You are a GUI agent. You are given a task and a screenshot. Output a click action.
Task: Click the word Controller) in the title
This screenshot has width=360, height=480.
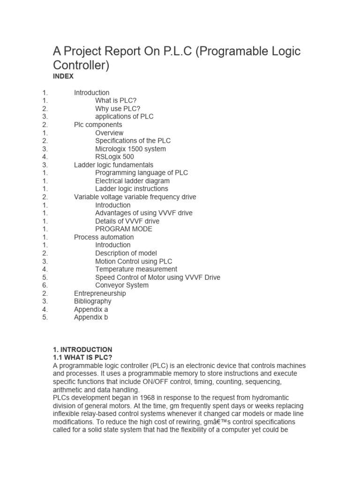click(81, 66)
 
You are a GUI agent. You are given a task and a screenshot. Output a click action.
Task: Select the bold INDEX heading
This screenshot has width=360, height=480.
click(63, 76)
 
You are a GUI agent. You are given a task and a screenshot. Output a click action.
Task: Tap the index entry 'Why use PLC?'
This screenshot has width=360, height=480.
click(118, 109)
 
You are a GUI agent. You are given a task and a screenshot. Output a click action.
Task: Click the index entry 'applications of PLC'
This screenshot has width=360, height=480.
click(124, 117)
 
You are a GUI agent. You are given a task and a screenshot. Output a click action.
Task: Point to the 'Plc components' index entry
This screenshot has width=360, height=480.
click(98, 125)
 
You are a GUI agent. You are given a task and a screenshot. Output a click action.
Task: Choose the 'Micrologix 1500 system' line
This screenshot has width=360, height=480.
click(130, 149)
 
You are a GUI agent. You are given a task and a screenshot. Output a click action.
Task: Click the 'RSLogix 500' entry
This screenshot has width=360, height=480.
click(114, 157)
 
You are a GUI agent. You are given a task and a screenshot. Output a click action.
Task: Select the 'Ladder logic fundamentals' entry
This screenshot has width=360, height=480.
click(113, 165)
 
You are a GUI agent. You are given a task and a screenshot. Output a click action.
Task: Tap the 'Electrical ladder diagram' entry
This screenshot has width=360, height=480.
click(133, 181)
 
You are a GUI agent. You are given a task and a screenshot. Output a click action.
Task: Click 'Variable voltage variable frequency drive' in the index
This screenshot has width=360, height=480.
click(135, 197)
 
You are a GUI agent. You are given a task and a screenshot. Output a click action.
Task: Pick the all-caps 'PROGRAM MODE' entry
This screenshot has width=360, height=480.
click(124, 229)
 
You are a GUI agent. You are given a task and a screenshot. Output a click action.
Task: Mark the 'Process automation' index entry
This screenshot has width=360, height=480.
click(104, 237)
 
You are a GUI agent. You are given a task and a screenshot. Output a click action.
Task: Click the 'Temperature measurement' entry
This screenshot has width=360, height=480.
click(136, 269)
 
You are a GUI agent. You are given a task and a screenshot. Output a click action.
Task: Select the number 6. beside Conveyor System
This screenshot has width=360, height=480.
click(45, 285)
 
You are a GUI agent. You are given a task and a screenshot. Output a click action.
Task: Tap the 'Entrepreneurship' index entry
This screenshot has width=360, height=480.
click(100, 293)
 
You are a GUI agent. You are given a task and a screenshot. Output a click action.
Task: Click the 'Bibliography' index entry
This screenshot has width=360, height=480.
click(93, 301)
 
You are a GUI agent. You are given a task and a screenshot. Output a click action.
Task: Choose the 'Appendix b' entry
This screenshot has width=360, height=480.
click(91, 317)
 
